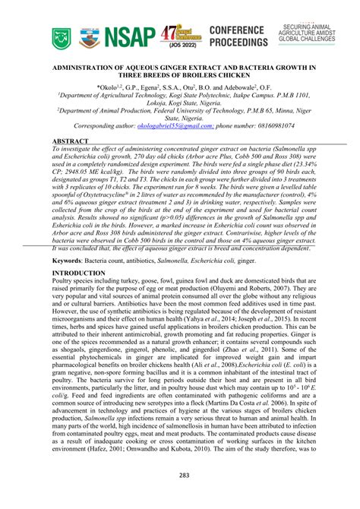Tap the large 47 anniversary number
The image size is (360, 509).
[x=172, y=33]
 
